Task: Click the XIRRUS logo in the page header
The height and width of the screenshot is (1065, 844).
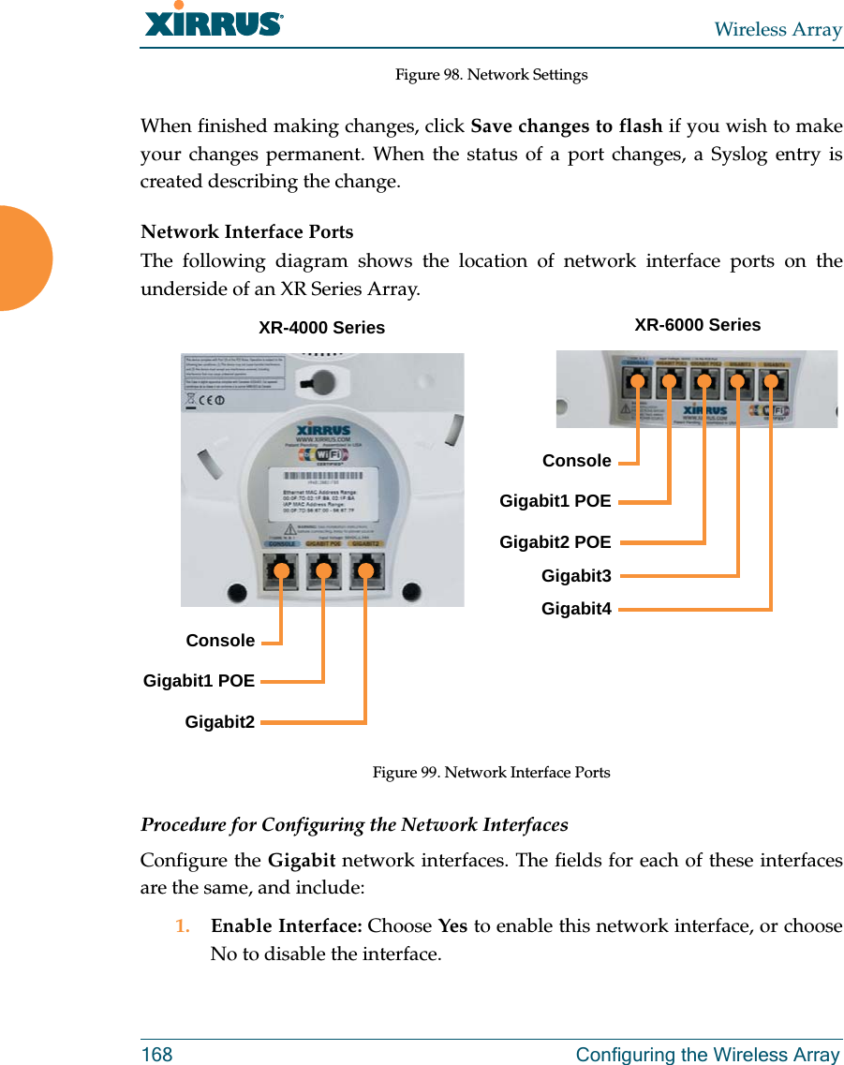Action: pos(214,22)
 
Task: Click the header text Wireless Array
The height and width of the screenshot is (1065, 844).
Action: pos(777,29)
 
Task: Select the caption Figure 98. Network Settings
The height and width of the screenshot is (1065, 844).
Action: pos(491,74)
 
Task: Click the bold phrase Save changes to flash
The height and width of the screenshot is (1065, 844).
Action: pos(566,126)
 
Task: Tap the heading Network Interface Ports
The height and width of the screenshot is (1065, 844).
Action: pos(246,231)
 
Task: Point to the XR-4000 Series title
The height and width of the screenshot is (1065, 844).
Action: pos(321,328)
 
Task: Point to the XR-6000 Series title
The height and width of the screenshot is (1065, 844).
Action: pos(697,325)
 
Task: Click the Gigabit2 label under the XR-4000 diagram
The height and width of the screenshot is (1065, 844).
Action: pos(219,721)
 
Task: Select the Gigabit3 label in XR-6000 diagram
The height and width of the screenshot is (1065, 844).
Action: pos(576,576)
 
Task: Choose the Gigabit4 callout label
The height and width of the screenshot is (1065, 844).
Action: pos(576,610)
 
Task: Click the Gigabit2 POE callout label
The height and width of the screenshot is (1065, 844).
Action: pos(555,542)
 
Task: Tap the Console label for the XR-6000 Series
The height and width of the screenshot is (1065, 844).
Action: pos(576,461)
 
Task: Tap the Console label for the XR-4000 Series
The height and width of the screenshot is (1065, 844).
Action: pos(220,641)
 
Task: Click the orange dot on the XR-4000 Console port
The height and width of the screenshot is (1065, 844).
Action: pos(281,569)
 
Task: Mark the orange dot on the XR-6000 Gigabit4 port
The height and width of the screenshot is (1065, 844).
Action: pos(772,380)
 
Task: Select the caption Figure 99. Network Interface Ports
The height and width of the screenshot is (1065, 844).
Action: pos(491,773)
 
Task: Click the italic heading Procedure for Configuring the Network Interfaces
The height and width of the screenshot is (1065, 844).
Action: pos(354,825)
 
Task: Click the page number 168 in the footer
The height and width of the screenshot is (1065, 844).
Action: pos(156,1055)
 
